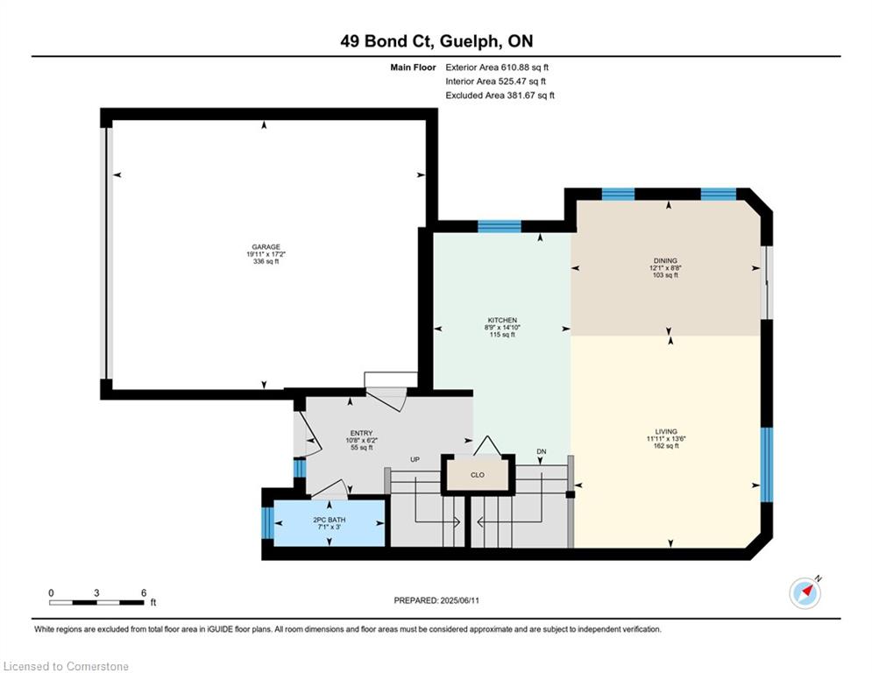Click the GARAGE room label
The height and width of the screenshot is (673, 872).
tap(266, 247)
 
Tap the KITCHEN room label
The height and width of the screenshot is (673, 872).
tap(502, 321)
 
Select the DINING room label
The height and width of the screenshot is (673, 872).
tap(665, 261)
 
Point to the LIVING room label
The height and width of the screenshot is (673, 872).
tap(666, 432)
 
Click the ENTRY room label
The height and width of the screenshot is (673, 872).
tap(361, 433)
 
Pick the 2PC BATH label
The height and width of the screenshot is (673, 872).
tap(330, 520)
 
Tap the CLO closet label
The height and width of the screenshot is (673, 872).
tap(477, 475)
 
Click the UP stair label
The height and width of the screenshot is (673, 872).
tap(415, 459)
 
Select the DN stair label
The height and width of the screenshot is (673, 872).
tap(542, 451)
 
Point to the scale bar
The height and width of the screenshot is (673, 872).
tap(96, 602)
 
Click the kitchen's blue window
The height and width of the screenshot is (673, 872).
tap(500, 226)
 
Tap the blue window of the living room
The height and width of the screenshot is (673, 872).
tap(767, 464)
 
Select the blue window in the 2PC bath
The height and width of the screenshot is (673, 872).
tap(268, 523)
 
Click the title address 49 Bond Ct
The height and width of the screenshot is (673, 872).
tap(388, 41)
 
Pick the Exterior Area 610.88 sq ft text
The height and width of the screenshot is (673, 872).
tap(497, 67)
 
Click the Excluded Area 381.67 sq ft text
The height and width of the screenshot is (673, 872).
tap(500, 96)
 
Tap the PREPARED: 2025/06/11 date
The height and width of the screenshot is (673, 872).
tap(436, 600)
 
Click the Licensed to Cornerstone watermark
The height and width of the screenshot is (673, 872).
tap(66, 666)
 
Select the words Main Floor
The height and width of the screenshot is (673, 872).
tap(413, 67)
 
